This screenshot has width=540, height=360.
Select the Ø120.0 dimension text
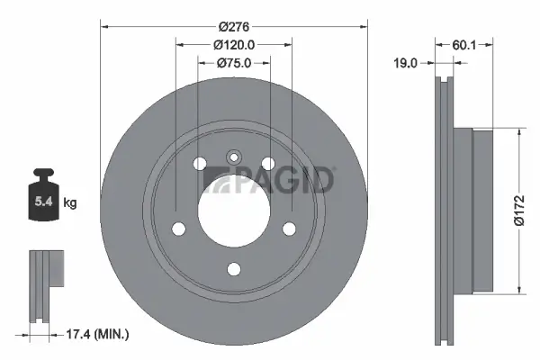coord(233,45)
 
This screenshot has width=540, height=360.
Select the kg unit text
coord(70,202)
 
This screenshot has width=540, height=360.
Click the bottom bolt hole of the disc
coord(233,268)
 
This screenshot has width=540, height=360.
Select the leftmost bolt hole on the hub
coord(176,226)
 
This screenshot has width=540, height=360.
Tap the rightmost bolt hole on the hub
coord(291,226)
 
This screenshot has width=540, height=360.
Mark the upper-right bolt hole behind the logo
coord(268,163)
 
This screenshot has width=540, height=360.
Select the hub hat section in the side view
coord(481,211)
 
